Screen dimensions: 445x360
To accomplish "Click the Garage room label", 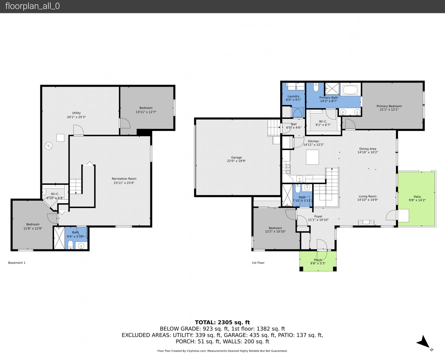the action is coord(236,157).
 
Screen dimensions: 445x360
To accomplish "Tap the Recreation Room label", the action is coord(124,179).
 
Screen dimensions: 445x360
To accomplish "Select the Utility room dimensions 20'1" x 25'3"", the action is coord(76,117).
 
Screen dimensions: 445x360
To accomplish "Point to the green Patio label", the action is coord(417,197).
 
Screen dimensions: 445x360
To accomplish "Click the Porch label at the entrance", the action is coord(318,260).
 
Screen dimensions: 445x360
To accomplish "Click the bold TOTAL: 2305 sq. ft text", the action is coord(222,322).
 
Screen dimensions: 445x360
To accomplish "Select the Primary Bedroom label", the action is coord(389,106).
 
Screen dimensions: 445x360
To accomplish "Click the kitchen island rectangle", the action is coord(312,157).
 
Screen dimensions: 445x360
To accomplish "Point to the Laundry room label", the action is coord(293,96).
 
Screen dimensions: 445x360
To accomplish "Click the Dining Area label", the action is coord(368,149).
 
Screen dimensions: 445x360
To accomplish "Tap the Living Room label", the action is coord(367,196).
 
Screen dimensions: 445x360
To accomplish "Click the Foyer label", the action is coord(318,216).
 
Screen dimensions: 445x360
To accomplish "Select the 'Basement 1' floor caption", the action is coord(17,263).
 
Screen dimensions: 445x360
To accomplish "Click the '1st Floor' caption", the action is coord(258,263).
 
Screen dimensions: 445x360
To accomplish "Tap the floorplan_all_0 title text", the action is coord(32,6).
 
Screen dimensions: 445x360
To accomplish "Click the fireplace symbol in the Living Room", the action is coord(366,223).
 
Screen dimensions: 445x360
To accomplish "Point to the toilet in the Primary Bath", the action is coord(316,87).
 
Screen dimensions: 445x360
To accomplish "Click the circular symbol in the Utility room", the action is coord(48,146).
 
